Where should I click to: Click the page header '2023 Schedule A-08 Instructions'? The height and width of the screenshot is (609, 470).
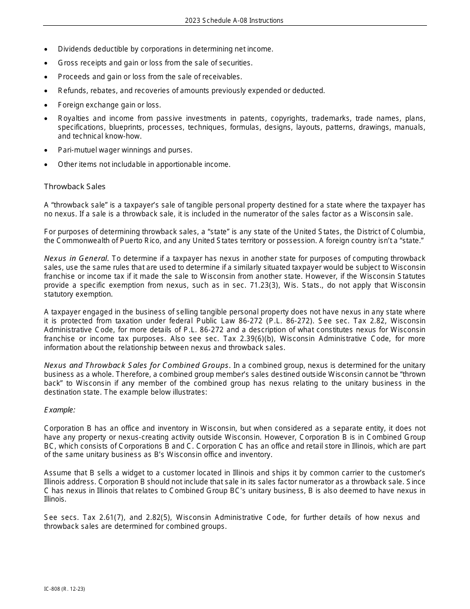tap(234, 20)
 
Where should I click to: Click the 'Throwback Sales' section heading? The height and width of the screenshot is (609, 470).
tap(75, 187)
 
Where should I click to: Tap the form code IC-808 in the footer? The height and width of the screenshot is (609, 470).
tap(52, 590)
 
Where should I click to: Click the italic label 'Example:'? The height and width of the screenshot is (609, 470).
tap(60, 409)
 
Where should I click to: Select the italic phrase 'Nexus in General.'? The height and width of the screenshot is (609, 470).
tap(76, 258)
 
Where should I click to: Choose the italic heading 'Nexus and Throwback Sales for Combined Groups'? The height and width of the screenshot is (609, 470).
tap(137, 365)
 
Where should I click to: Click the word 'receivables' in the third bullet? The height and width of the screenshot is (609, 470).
tap(222, 77)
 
